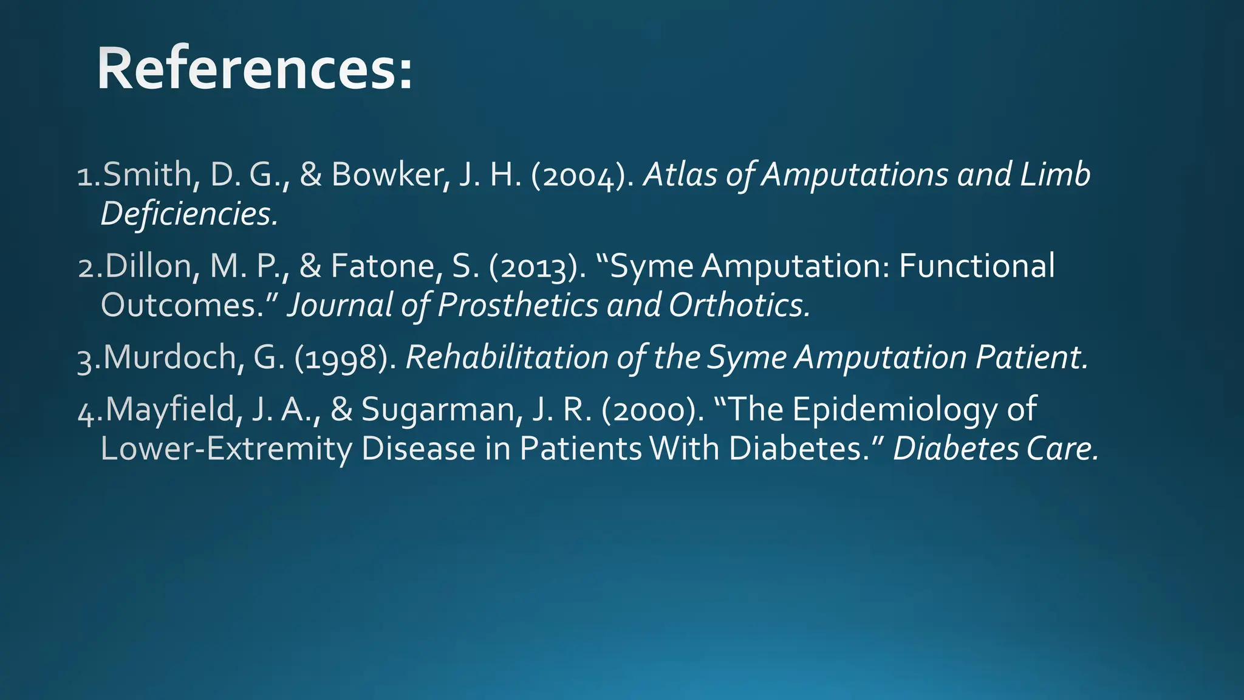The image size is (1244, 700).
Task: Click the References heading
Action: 255,69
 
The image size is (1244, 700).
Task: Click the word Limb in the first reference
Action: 1055,175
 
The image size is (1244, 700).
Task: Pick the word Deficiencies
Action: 189,214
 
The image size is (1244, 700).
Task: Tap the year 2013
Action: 537,267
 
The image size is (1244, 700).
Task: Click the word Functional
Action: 977,266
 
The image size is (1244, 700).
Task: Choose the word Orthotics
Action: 739,305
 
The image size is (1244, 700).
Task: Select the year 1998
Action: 345,358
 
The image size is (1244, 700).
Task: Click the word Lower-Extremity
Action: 227,448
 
